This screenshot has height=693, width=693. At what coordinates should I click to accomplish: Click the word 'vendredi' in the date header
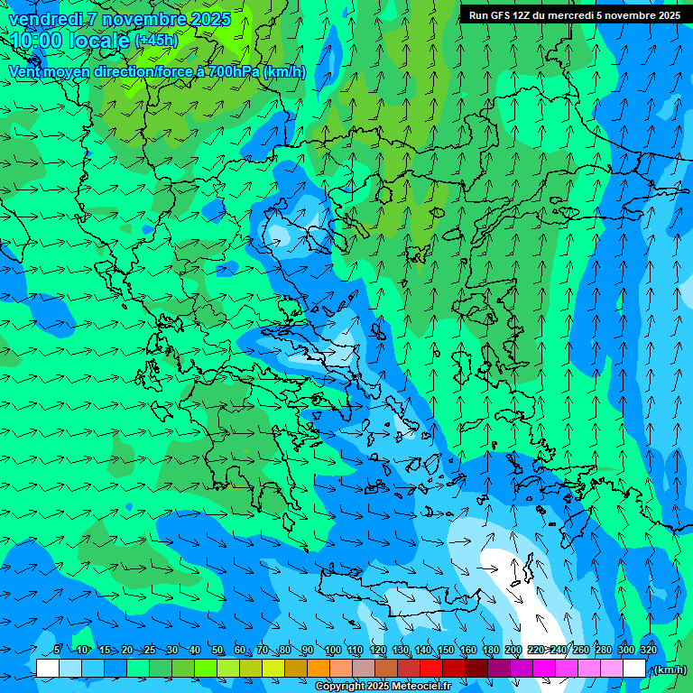click(43, 19)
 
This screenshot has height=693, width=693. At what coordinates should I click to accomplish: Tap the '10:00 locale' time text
click(69, 41)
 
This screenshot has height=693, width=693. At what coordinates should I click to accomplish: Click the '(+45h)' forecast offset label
click(155, 41)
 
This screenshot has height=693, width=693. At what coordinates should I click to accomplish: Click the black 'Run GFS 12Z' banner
click(575, 15)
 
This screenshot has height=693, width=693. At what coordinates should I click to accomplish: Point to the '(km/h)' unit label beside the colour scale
click(670, 670)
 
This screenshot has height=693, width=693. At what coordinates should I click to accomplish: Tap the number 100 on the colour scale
click(332, 650)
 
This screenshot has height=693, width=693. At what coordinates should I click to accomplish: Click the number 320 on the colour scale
click(648, 650)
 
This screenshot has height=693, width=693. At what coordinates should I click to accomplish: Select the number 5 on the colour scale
click(57, 650)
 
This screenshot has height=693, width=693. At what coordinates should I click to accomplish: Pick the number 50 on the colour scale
click(217, 650)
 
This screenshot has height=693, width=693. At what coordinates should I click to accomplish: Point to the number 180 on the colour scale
click(490, 650)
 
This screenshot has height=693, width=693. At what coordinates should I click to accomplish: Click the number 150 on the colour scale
click(445, 650)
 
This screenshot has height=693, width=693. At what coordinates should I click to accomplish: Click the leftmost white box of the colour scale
click(47, 669)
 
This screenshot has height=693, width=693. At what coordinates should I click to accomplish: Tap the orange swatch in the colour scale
click(319, 669)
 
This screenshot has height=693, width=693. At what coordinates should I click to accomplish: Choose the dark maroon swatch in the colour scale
click(476, 669)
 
